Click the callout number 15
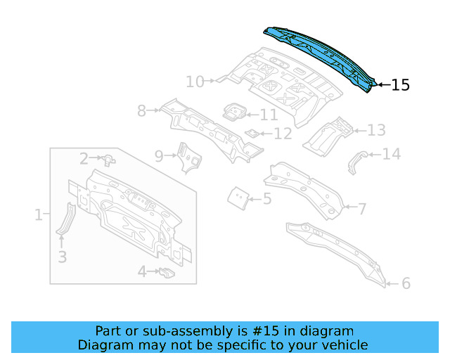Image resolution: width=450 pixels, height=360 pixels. tap(400, 85)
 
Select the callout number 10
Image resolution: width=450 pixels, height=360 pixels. tap(195, 82)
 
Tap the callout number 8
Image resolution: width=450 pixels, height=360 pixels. tap(141, 110)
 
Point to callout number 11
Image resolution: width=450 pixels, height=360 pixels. tap(269, 115)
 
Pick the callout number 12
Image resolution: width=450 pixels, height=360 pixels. tap(282, 134)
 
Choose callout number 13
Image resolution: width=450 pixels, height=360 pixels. tap(376, 130)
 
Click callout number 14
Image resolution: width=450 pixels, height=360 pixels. tap(391, 154)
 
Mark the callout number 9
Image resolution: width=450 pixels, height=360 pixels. tap(159, 155)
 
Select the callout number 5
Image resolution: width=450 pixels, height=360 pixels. tap(267, 199)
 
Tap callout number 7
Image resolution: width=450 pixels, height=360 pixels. tap(362, 208)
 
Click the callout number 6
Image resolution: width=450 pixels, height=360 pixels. tap(406, 283)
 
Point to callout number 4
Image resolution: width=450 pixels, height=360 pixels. tap(142, 271)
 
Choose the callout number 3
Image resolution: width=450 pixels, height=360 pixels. tap(62, 257)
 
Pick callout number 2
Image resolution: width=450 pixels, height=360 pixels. tap(84, 159)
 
